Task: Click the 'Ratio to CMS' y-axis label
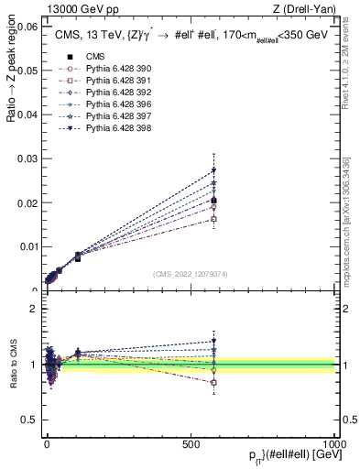pos(13,365)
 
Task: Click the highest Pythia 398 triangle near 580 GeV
pos(213,170)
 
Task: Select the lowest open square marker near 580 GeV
pos(213,220)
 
